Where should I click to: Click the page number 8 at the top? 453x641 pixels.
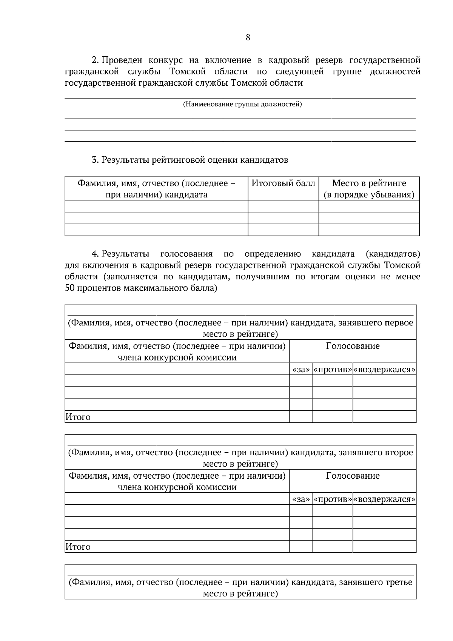248,37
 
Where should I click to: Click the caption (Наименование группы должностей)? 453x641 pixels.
242,104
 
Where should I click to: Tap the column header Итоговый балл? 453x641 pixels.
283,183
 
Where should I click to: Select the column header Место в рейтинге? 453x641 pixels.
369,183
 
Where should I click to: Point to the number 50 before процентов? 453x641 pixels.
70,288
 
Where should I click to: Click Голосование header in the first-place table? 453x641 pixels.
353,346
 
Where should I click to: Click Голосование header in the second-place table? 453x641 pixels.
353,476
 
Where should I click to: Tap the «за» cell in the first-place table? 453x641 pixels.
301,370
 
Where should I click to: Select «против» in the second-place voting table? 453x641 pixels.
333,499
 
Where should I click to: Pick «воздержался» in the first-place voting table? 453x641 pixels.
384,370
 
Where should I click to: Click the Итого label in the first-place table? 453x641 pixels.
78,417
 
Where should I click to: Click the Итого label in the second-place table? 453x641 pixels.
78,547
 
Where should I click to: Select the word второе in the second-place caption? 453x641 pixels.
399,453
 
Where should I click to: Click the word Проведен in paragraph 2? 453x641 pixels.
123,60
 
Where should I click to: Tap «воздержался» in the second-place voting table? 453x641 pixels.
384,499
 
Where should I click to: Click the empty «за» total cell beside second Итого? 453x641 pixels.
301,547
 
